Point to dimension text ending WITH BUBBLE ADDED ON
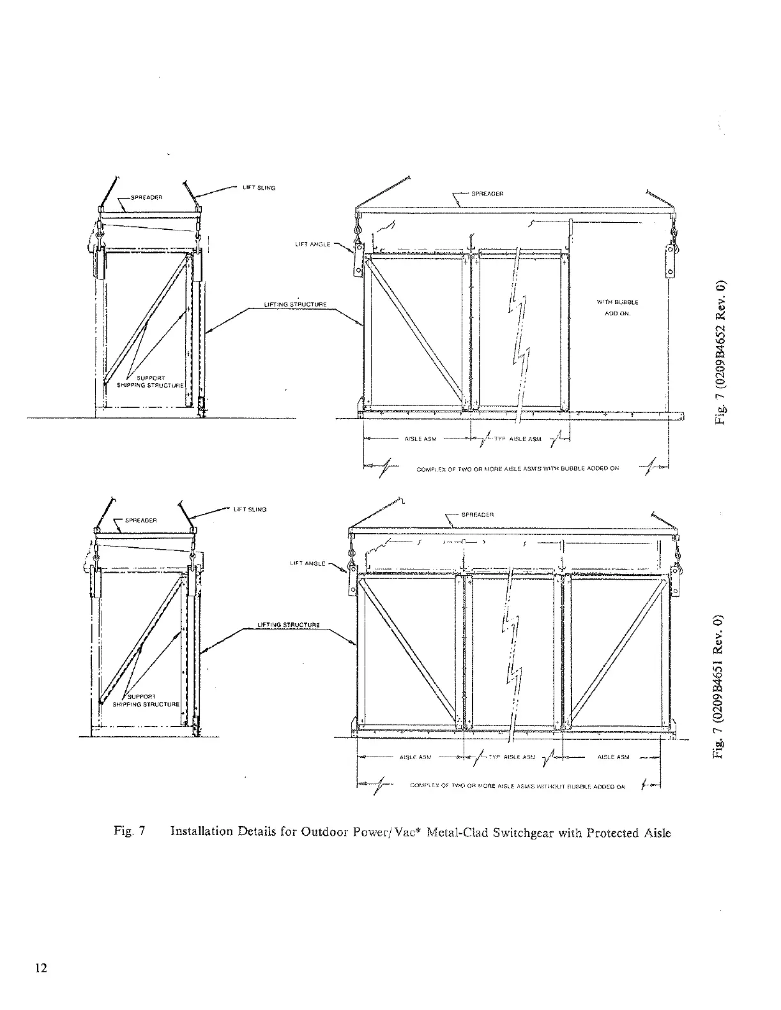pyautogui.click(x=517, y=469)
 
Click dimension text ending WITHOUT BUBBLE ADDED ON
pyautogui.click(x=517, y=787)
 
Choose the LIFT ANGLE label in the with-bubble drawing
pyautogui.click(x=312, y=244)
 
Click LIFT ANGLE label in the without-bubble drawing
pyautogui.click(x=307, y=564)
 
